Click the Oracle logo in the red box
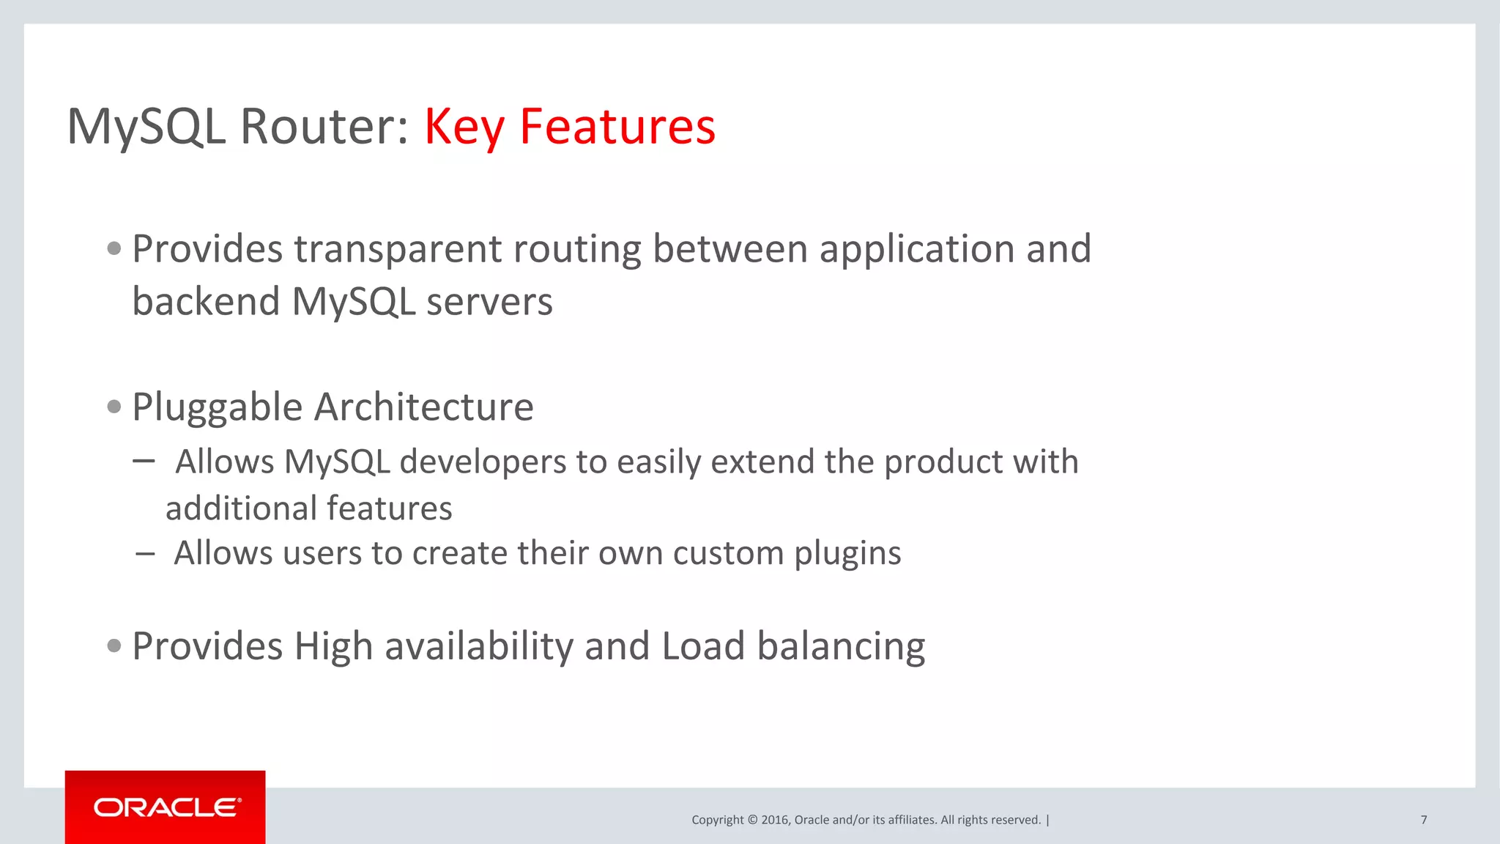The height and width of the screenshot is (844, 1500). tap(166, 807)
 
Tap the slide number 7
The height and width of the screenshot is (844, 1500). tap(1423, 820)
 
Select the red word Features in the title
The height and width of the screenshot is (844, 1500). tap(617, 127)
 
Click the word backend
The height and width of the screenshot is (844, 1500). tap(206, 302)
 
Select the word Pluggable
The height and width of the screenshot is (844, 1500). tap(217, 407)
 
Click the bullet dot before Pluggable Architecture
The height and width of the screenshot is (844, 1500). tap(114, 407)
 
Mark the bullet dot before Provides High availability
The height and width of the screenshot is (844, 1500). tap(114, 645)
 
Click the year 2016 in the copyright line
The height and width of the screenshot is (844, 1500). tap(774, 820)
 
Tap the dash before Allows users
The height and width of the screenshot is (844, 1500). tap(145, 554)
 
